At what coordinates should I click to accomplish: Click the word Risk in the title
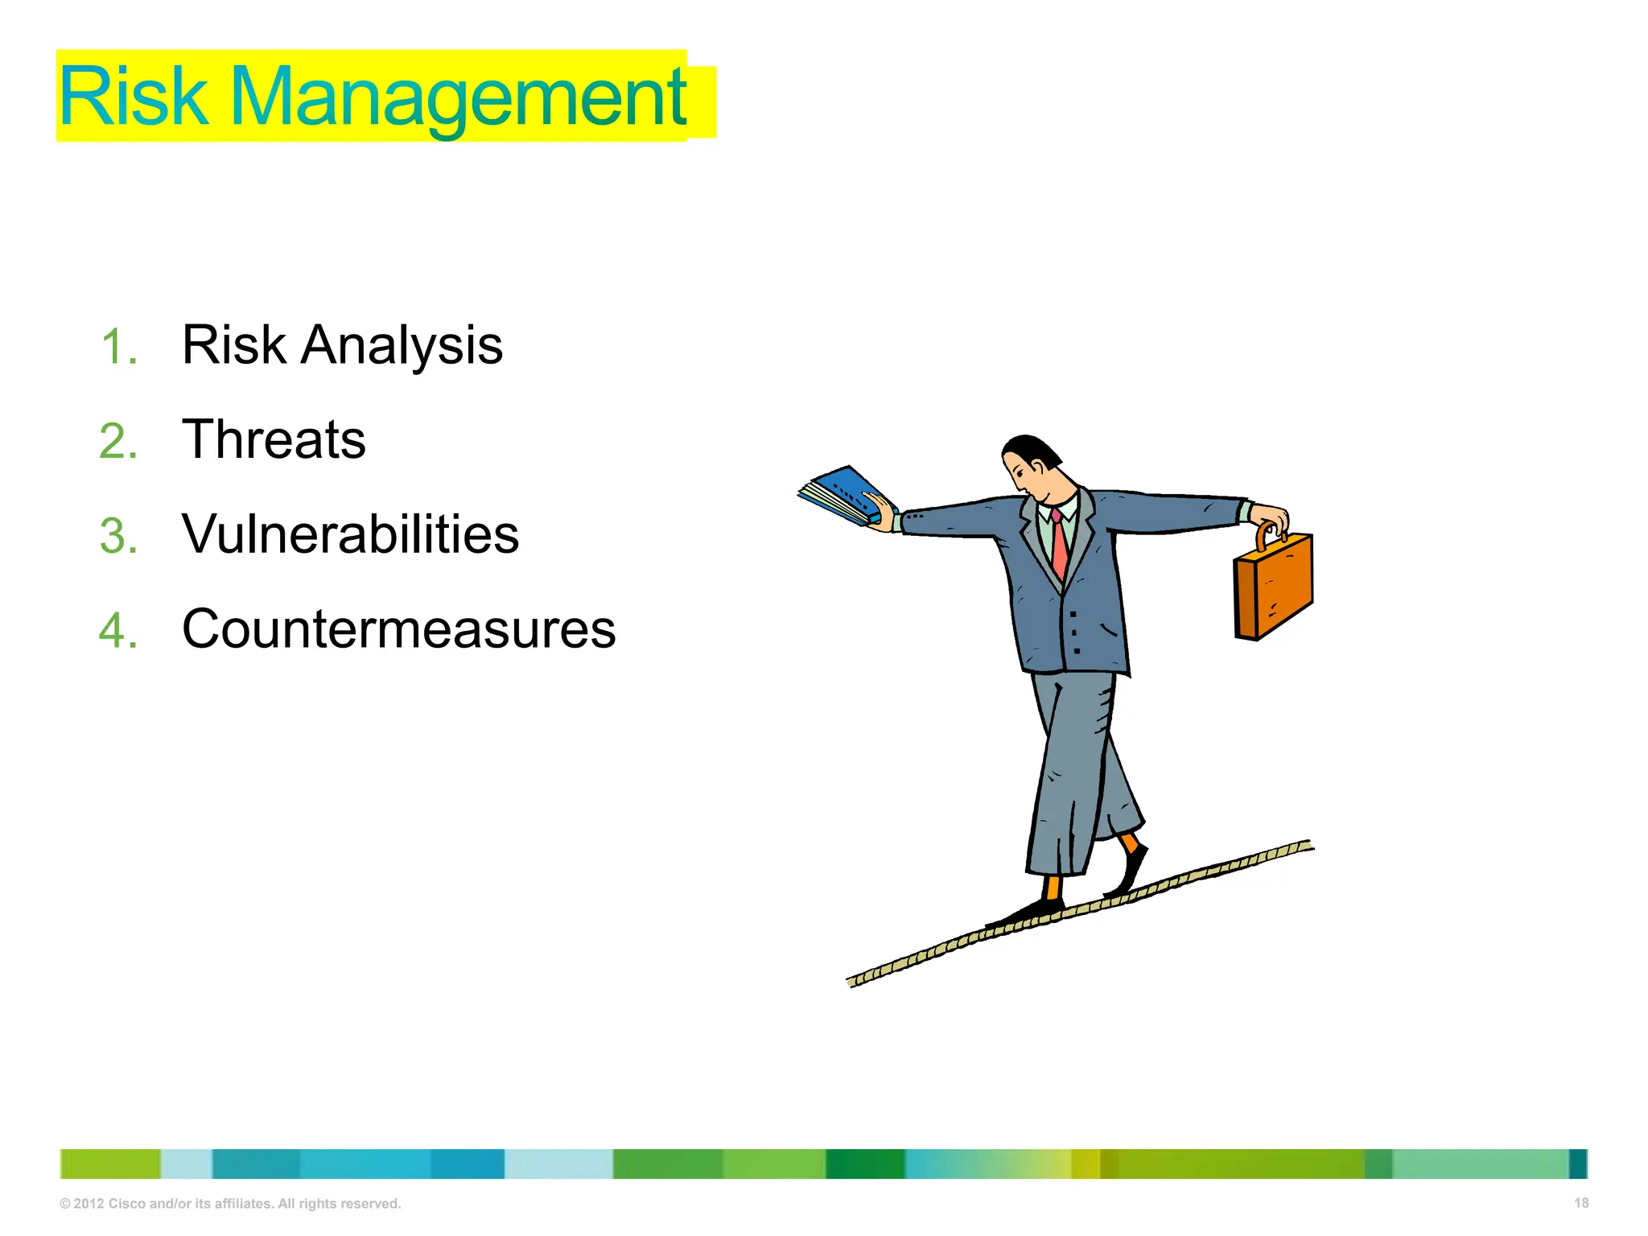point(133,97)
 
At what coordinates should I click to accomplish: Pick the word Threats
point(274,440)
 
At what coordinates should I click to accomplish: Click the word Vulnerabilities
point(350,534)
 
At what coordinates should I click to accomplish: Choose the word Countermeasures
point(398,629)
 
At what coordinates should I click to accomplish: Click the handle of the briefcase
point(1266,534)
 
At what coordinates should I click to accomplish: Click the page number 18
point(1580,1203)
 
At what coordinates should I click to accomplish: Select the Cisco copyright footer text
point(230,1204)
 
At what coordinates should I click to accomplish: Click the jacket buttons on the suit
point(1075,632)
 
